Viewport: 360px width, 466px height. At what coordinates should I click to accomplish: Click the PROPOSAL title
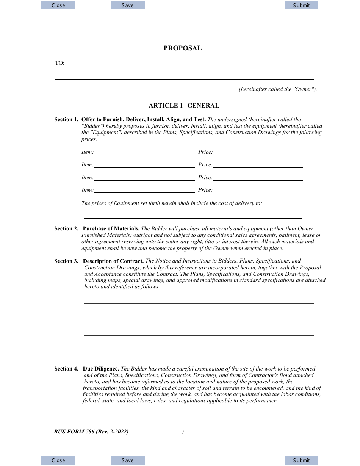coord(182,48)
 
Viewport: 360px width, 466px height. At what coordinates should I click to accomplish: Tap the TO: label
coord(60,63)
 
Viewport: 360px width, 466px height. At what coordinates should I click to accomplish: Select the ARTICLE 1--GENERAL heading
coord(184,106)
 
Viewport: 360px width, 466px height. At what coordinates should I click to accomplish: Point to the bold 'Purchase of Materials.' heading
coord(111,228)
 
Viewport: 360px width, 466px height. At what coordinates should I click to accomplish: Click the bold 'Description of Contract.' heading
coord(113,261)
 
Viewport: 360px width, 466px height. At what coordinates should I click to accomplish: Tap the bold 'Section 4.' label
coord(66,369)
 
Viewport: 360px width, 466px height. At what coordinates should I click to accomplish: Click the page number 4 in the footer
coord(183,432)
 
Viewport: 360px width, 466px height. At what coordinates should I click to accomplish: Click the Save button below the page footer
coord(128,460)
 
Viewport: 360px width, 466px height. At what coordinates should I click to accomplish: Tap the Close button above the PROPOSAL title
coord(58,5)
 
